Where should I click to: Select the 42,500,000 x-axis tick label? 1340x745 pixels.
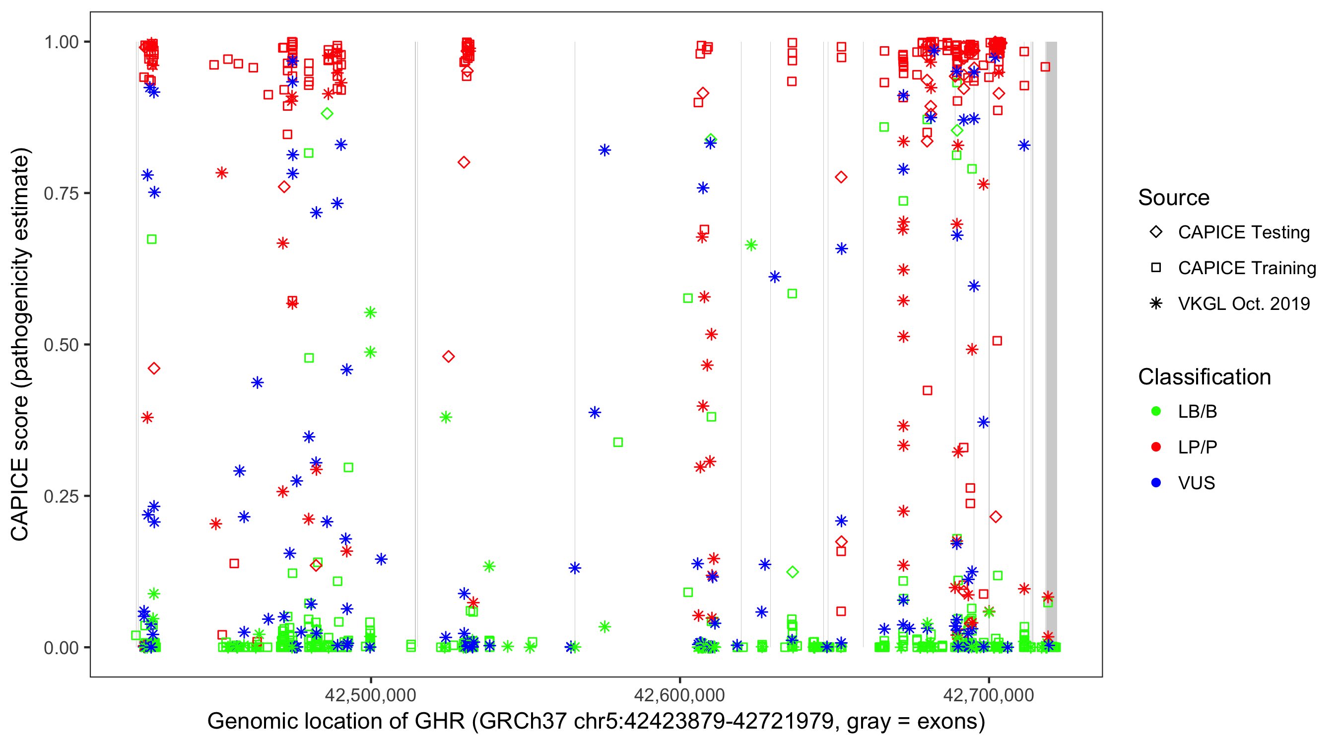pos(370,695)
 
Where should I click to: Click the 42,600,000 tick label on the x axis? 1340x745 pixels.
pos(679,695)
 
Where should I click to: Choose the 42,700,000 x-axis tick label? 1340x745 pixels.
pos(988,695)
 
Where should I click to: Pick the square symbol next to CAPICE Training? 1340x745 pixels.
pos(1156,268)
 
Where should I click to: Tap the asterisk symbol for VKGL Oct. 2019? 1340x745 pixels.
pos(1156,303)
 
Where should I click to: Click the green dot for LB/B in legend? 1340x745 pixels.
pos(1156,411)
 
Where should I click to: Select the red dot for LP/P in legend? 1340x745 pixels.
pos(1156,447)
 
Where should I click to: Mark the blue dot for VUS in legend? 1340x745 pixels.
pos(1156,483)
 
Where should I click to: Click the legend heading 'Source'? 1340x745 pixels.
pos(1174,198)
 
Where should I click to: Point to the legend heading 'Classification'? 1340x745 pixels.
pos(1204,377)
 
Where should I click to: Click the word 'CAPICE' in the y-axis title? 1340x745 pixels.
pos(20,499)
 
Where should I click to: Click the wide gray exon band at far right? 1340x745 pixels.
pos(1051,344)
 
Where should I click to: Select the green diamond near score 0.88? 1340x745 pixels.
pos(327,114)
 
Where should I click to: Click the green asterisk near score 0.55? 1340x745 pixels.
pos(370,312)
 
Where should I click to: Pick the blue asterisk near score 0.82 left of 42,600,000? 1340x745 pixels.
pos(604,150)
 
